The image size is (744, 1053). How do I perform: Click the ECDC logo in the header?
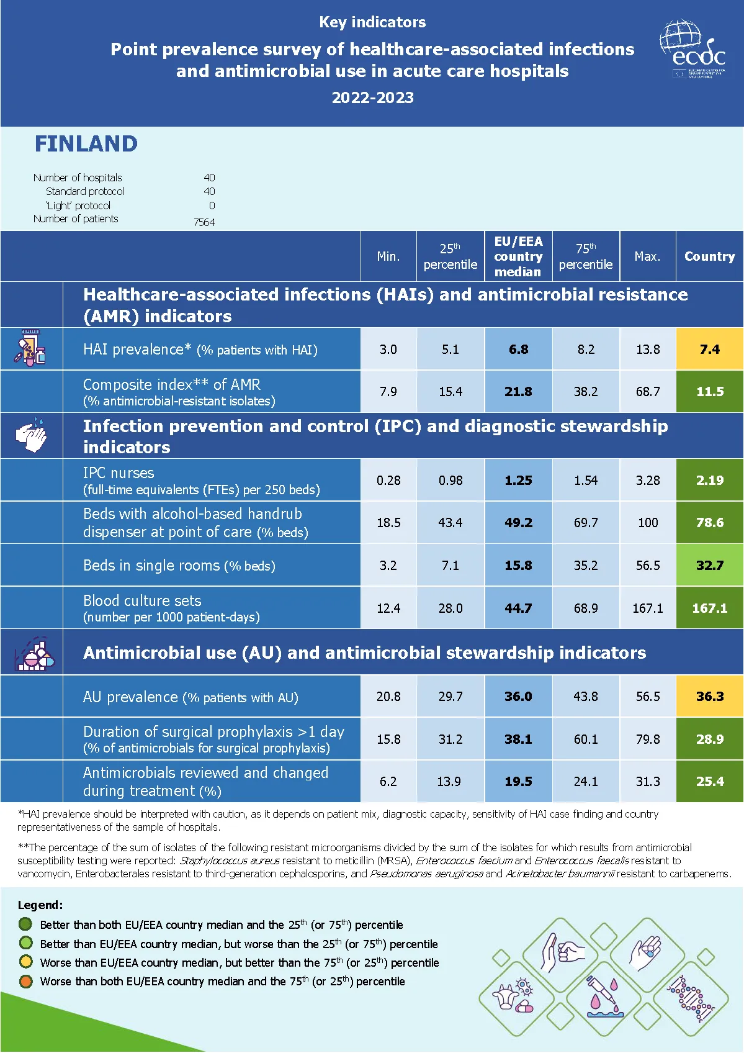692,49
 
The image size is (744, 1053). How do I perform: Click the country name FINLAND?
86,144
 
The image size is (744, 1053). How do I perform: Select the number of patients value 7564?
204,222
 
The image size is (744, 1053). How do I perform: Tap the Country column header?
709,256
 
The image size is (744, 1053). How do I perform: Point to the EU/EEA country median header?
518,256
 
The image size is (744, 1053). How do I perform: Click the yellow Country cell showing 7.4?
709,350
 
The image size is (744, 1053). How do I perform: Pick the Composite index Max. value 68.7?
647,392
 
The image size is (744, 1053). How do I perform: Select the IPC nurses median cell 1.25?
518,481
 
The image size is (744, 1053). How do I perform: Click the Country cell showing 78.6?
709,523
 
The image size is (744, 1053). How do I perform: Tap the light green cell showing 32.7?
709,566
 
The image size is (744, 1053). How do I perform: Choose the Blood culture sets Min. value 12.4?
388,608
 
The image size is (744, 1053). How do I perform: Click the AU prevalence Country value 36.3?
709,697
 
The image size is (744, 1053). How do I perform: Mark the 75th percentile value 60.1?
585,739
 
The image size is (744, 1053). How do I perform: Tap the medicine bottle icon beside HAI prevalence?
30,348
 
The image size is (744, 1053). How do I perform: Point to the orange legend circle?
25,982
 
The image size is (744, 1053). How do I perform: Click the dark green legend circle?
25,924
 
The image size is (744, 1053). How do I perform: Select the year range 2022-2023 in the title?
372,98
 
